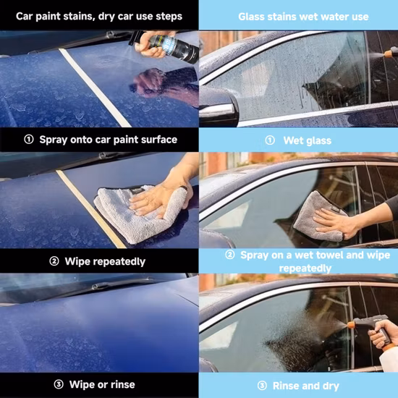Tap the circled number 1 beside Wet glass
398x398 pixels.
point(270,140)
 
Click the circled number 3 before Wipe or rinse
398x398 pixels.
point(55,384)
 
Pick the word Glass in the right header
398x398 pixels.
point(253,16)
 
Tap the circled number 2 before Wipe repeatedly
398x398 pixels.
point(54,261)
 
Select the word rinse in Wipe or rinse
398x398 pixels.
point(121,384)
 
